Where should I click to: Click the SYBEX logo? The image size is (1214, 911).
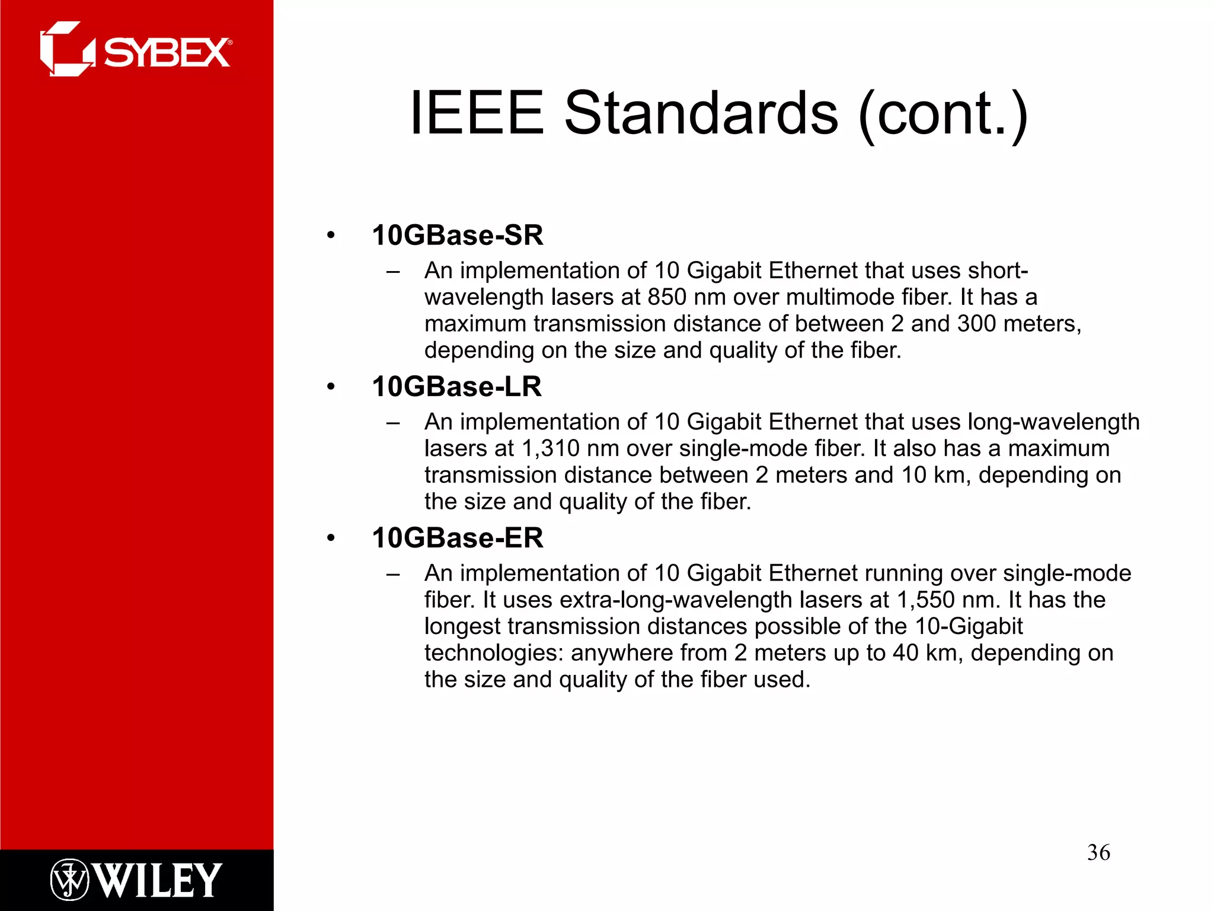[136, 50]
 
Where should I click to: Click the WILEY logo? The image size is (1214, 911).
[136, 880]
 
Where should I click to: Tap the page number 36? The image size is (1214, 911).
[1098, 852]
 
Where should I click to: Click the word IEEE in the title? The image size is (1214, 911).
[477, 113]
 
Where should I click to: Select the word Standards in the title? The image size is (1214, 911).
[701, 113]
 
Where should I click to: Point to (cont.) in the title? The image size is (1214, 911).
[943, 114]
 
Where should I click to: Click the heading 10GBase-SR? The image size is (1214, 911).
[457, 235]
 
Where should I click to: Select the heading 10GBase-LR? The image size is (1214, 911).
[456, 387]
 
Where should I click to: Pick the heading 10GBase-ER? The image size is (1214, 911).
[457, 538]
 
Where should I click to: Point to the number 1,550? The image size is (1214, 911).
[925, 600]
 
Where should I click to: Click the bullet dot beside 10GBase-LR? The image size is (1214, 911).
[331, 387]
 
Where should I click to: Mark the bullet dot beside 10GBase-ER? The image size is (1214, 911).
[331, 539]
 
